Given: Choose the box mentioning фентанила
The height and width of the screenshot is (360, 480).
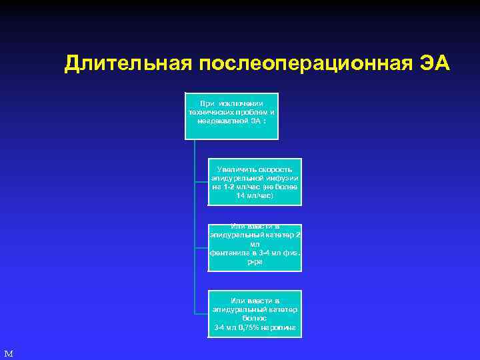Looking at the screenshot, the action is pos(255,248).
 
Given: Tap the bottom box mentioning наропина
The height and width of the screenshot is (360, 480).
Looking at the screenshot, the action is pos(255,313).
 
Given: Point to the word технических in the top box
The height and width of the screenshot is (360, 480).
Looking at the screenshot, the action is pos(211,112).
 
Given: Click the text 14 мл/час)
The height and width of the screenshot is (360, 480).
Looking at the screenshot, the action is pos(255,196).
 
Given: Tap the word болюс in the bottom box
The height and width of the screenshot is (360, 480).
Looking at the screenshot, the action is pos(255,319).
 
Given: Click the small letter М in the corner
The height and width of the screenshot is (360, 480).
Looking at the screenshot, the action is pos(8,353).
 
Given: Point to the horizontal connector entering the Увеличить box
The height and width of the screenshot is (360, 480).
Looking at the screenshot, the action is pos(201,182).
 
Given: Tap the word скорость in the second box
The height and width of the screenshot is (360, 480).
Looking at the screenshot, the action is pos(276,170).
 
